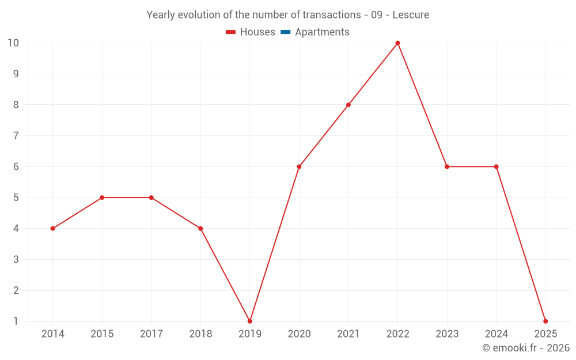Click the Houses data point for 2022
pyautogui.click(x=397, y=43)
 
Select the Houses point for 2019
pyautogui.click(x=250, y=321)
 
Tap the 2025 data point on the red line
pyautogui.click(x=545, y=321)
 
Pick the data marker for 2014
pyautogui.click(x=53, y=229)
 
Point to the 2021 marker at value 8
pyautogui.click(x=348, y=105)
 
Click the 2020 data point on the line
pyautogui.click(x=299, y=166)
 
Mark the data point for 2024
pyautogui.click(x=496, y=166)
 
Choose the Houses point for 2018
pyautogui.click(x=200, y=229)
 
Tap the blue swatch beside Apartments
pyautogui.click(x=286, y=32)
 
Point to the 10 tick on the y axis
pyautogui.click(x=13, y=43)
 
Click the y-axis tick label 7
pyautogui.click(x=16, y=136)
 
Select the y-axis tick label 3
pyautogui.click(x=16, y=259)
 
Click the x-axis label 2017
pyautogui.click(x=151, y=334)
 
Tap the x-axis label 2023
pyautogui.click(x=447, y=334)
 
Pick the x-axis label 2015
pyautogui.click(x=102, y=334)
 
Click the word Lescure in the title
pyautogui.click(x=411, y=15)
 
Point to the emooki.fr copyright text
pyautogui.click(x=525, y=348)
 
